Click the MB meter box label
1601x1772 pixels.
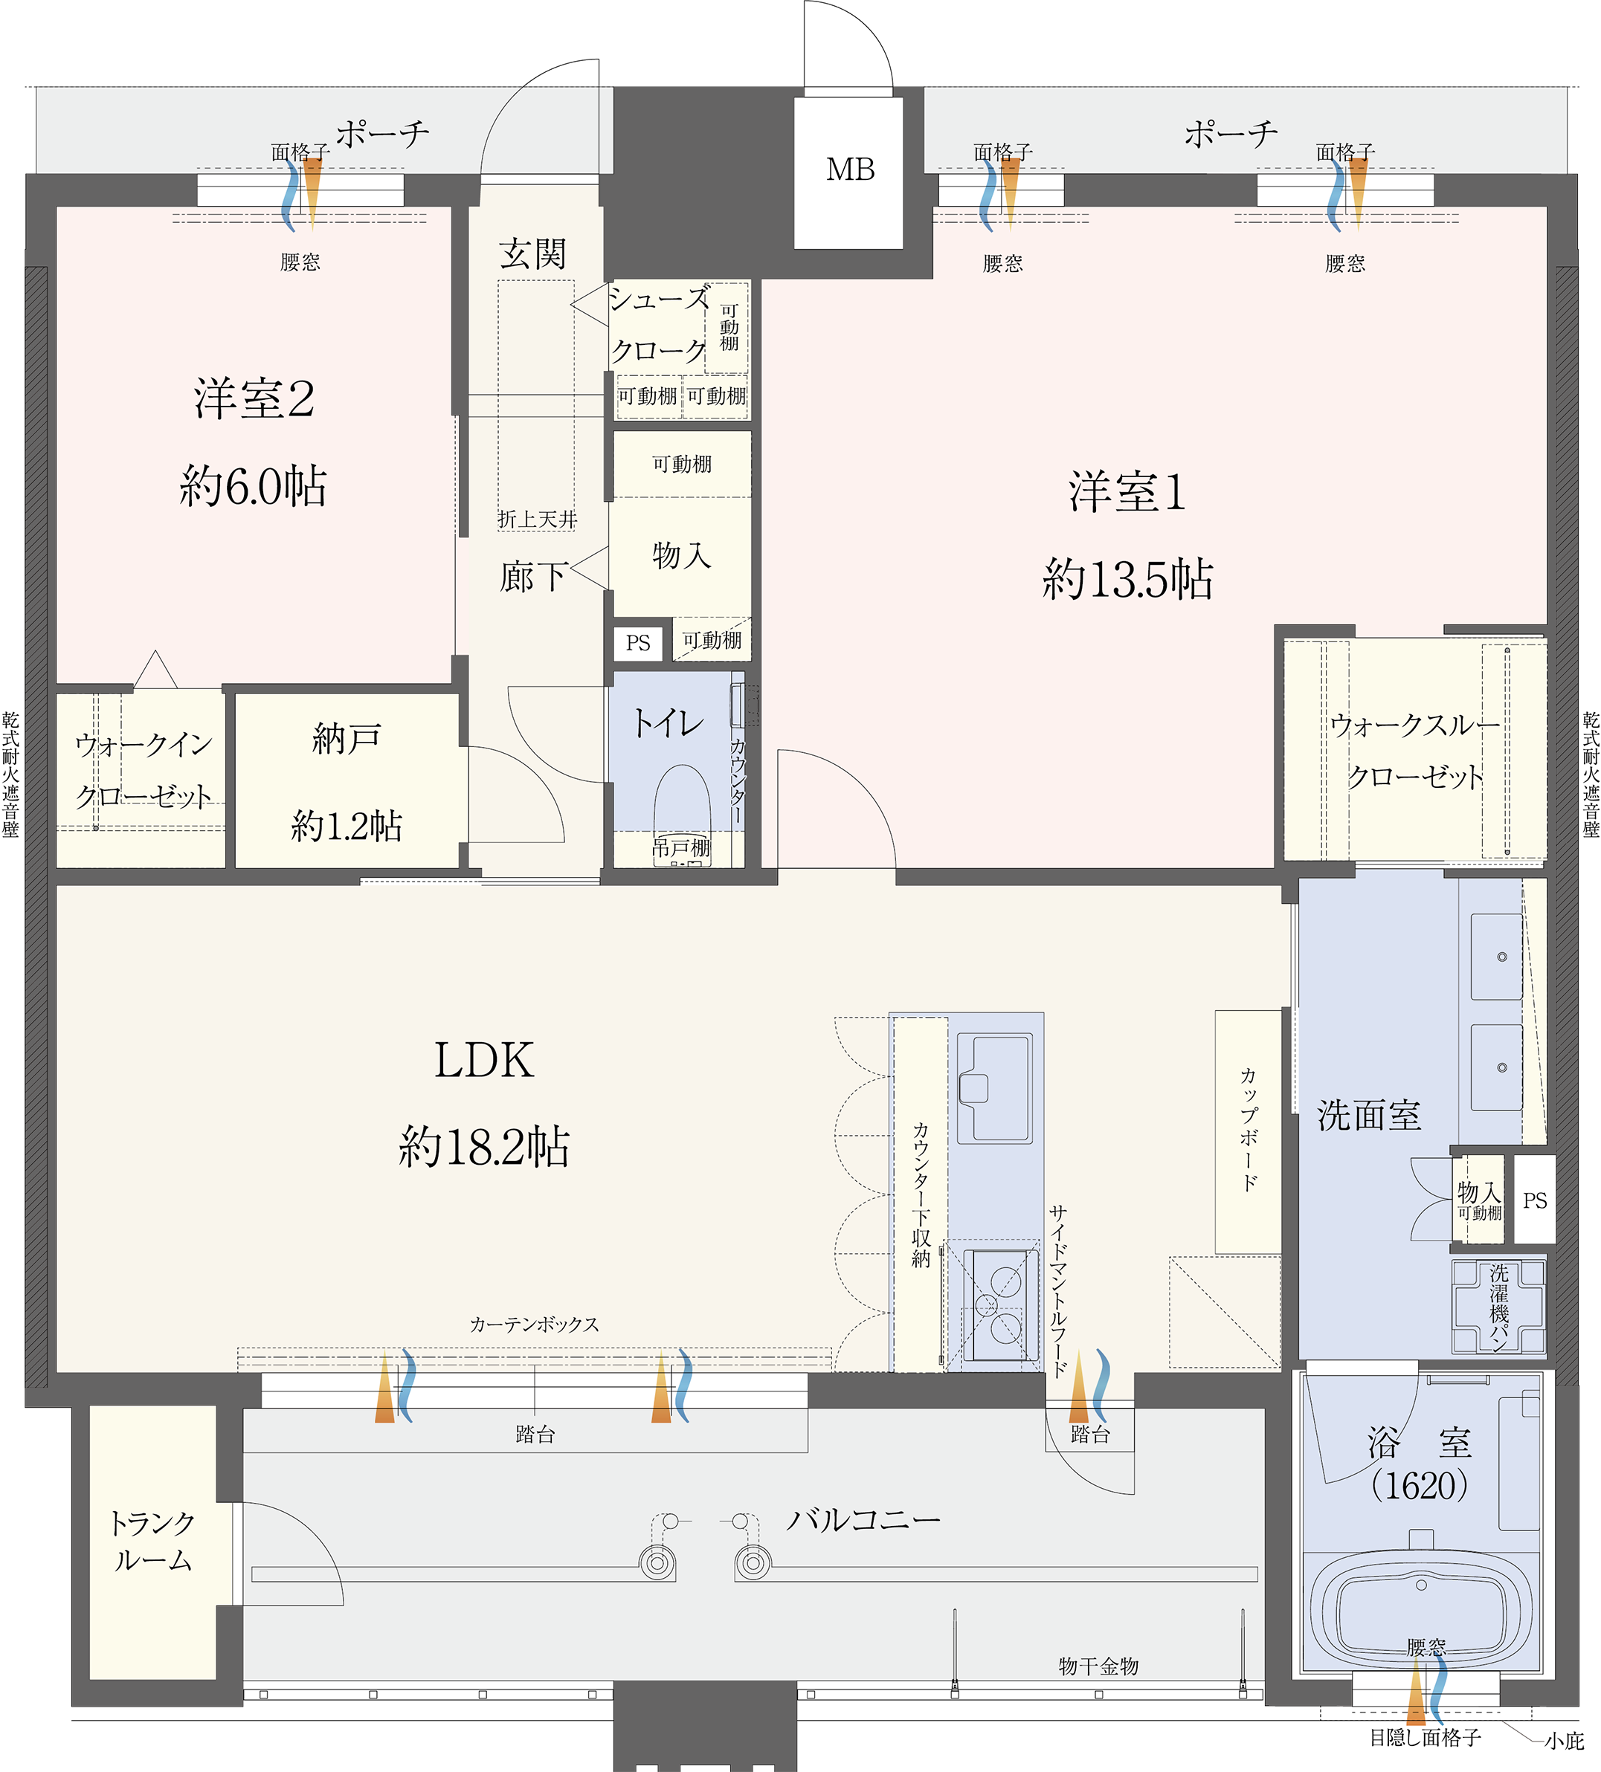coord(849,169)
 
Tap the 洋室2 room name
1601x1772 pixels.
coord(254,399)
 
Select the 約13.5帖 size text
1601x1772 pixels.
coord(1127,580)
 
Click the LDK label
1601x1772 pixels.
coord(483,1060)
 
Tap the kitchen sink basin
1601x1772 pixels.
coord(995,1087)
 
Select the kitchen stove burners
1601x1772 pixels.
coord(999,1304)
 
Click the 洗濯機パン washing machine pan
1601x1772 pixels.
coord(1498,1306)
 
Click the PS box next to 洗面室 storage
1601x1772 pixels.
coord(1534,1200)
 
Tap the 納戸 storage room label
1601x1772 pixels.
coord(347,740)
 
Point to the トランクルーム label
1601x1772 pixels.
coord(152,1540)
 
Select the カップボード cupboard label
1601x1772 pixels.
coord(1248,1130)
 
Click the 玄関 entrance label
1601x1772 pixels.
coord(532,254)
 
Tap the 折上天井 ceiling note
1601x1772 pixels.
coord(537,520)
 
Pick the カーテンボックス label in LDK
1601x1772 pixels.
coord(534,1325)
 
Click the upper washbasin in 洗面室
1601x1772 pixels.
coord(1496,957)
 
